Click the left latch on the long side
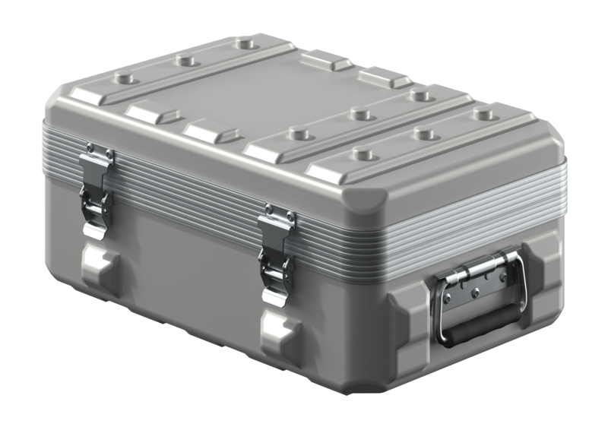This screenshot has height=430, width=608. pyautogui.click(x=96, y=190)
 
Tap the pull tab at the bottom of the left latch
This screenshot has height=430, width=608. pyautogui.click(x=93, y=229)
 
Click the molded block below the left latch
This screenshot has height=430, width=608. pyautogui.click(x=98, y=263)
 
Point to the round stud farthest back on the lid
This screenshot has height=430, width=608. pyautogui.click(x=245, y=43)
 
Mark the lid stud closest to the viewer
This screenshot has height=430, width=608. pyautogui.click(x=364, y=154)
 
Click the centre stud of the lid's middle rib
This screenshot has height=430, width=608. pyautogui.click(x=358, y=115)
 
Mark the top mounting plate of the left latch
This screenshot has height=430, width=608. pyautogui.click(x=98, y=154)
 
